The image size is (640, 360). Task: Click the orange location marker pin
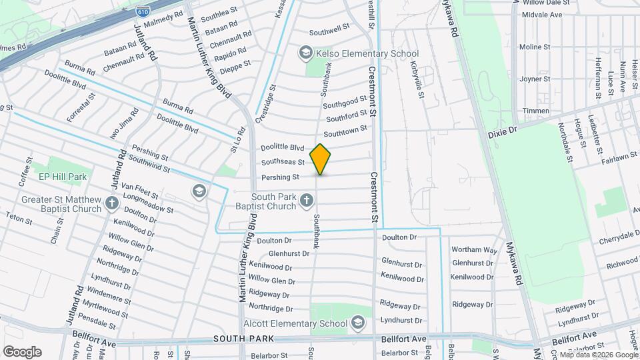(321, 159)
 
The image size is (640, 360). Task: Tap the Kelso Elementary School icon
(305, 53)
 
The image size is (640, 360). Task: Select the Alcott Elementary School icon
(357, 323)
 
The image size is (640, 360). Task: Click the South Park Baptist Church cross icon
(306, 199)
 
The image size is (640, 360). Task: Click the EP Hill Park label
(63, 177)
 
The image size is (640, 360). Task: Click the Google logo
(22, 351)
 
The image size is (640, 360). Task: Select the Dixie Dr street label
(503, 131)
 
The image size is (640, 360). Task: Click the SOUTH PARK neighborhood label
(240, 339)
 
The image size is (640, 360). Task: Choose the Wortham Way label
(474, 250)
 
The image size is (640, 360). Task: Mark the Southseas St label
(283, 162)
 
